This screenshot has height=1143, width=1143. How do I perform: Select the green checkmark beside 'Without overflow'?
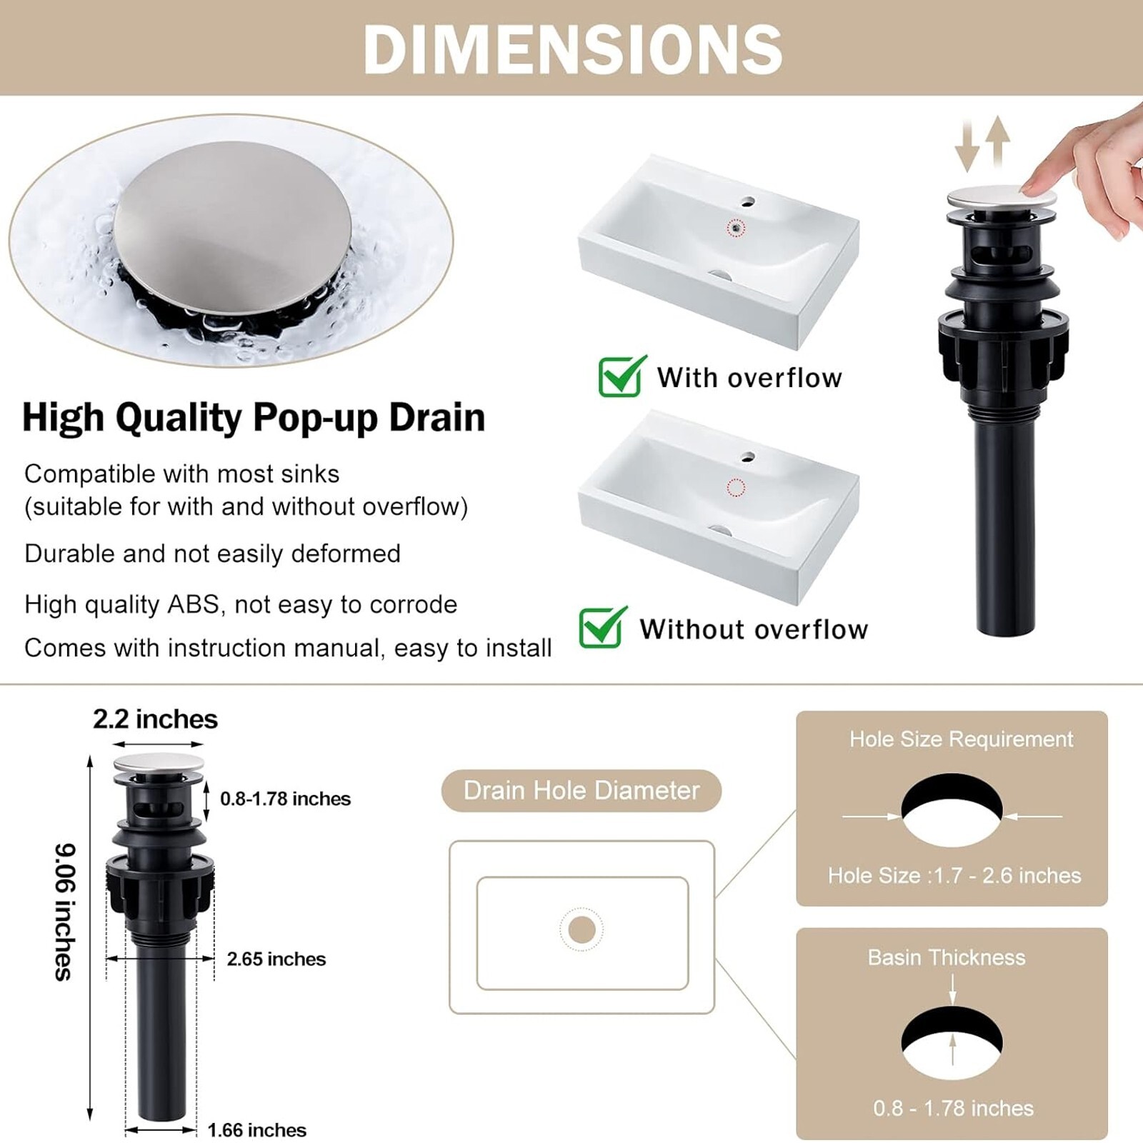click(603, 627)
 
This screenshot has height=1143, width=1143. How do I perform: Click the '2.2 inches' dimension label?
click(155, 719)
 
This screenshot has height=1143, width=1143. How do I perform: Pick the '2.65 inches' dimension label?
click(276, 959)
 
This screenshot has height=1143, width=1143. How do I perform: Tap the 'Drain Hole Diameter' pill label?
click(582, 790)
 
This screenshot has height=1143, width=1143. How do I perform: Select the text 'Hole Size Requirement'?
click(961, 739)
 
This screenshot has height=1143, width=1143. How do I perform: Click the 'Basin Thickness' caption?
click(947, 957)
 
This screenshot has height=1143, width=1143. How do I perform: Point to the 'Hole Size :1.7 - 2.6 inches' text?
click(954, 875)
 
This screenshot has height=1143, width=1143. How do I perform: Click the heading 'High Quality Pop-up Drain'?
click(254, 417)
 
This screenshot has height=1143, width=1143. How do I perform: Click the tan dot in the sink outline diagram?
click(582, 929)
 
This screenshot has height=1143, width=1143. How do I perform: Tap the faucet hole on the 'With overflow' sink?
click(748, 201)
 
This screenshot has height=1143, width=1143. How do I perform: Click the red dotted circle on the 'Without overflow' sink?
click(736, 487)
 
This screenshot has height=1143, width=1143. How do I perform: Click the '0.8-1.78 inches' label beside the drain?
click(285, 799)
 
